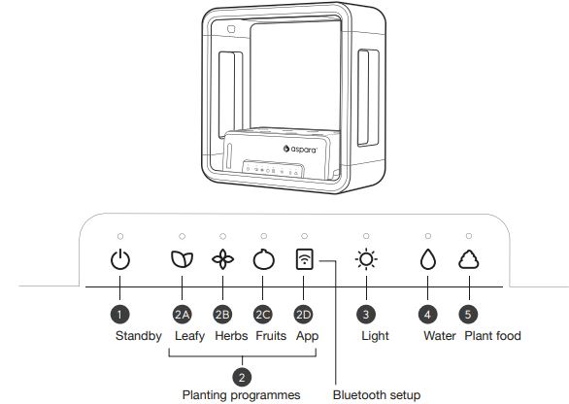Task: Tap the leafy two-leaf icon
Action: click(182, 259)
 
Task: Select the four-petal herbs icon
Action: click(222, 259)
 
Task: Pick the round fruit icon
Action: click(264, 259)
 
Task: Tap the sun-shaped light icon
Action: click(366, 259)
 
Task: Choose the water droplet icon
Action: click(428, 259)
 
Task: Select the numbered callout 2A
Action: click(182, 315)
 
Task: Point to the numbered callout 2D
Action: click(303, 315)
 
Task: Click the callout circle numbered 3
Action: click(366, 315)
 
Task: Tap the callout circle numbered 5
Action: click(468, 315)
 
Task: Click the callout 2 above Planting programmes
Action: click(242, 377)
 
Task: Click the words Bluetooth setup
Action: click(377, 394)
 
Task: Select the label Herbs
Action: click(231, 336)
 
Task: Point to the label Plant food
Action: click(492, 336)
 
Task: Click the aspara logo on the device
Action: click(300, 149)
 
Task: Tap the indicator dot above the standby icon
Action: click(120, 236)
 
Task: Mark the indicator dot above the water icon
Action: click(428, 236)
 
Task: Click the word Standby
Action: click(138, 336)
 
